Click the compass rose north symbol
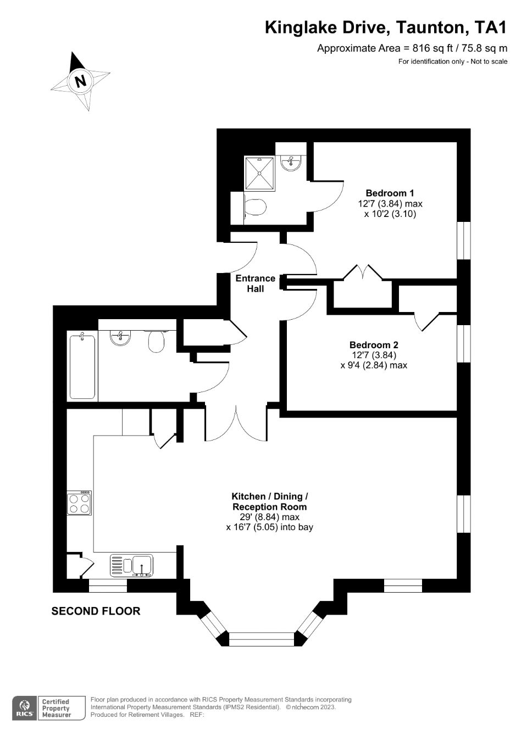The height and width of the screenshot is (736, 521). [80, 81]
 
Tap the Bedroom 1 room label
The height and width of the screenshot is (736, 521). [390, 193]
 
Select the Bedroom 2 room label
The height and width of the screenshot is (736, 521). [374, 345]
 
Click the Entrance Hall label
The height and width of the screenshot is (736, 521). [255, 283]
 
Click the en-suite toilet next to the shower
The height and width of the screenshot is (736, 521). [254, 208]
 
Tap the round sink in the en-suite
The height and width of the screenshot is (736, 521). [290, 163]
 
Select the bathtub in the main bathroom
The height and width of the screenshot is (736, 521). [82, 366]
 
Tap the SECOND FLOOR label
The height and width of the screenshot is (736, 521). [96, 611]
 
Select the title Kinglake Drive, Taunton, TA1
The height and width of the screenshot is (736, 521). [386, 27]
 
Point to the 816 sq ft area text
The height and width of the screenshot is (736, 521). [412, 48]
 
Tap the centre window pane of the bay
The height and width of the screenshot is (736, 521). [262, 639]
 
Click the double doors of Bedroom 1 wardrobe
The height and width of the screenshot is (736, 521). [363, 273]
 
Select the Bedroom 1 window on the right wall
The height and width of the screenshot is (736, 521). [464, 239]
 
